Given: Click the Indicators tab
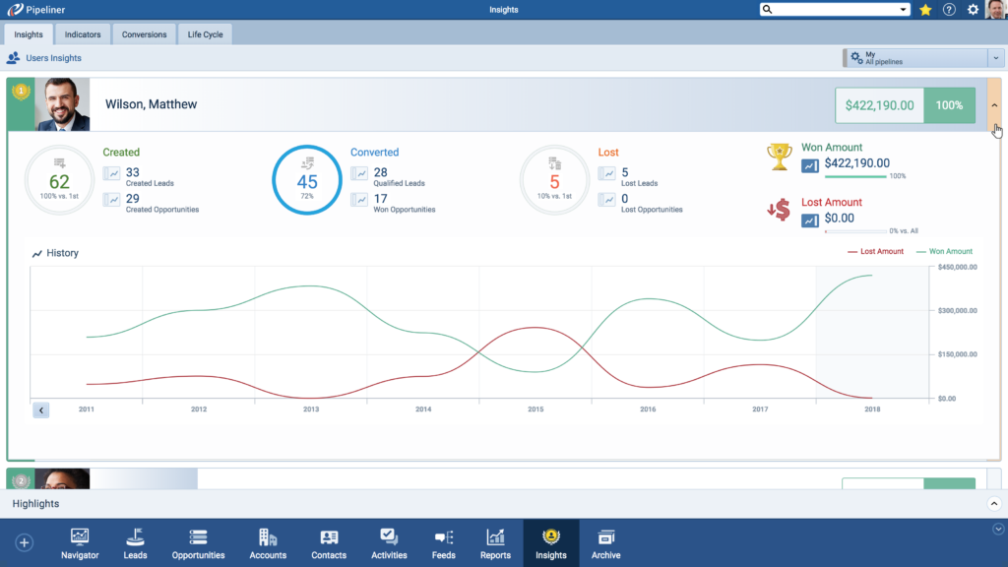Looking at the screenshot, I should tap(83, 34).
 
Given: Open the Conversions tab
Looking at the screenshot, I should tap(144, 34).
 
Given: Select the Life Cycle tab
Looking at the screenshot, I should tap(206, 34).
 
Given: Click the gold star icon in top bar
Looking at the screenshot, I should tap(925, 10).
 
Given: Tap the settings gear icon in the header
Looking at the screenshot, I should tap(973, 10).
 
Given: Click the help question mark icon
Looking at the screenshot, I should tap(949, 10).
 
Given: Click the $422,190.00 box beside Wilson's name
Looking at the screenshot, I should tap(879, 105).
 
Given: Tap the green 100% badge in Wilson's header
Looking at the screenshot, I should tap(949, 105).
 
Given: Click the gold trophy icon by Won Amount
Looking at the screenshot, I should tap(780, 156).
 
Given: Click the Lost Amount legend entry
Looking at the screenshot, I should tap(875, 252).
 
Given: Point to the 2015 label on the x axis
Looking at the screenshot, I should tap(535, 409).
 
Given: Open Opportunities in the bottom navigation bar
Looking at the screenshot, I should tap(198, 542).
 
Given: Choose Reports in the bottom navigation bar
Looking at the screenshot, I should tap(495, 542).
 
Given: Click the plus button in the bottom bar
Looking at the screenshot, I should tap(25, 542).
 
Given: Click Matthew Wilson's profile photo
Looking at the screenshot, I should tap(62, 105).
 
